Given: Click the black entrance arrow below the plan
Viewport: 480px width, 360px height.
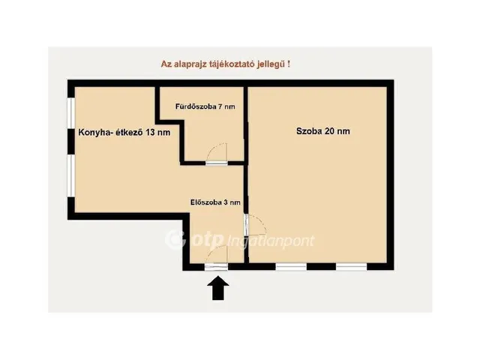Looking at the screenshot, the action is (x=218, y=288).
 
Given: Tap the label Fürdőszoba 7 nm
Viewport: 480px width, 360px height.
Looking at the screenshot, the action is (x=205, y=106).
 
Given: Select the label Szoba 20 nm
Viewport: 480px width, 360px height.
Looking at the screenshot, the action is (x=323, y=131).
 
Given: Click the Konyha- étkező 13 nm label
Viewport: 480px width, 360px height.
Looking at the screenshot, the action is (x=124, y=132).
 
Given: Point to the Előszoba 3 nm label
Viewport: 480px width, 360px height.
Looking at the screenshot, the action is (x=215, y=202).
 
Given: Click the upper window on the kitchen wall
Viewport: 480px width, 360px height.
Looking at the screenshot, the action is (x=71, y=112).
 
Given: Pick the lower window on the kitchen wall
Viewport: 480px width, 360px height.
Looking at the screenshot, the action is (x=71, y=175).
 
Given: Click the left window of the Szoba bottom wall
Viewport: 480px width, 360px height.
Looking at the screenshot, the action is (x=291, y=267).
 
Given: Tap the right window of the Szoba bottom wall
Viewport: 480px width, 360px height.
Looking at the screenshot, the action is (x=352, y=267).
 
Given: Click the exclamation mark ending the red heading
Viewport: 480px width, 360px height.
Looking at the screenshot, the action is (x=288, y=64).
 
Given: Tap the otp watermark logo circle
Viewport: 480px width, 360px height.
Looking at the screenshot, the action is (x=175, y=239).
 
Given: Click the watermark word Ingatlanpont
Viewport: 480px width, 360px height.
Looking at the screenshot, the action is (x=271, y=241).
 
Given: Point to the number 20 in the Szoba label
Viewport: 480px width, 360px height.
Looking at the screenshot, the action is (x=328, y=131).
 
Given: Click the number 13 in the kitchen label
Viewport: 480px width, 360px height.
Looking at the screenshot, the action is (x=150, y=132).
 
